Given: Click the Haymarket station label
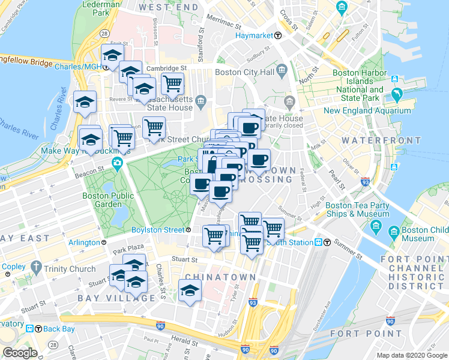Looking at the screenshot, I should [x=253, y=35].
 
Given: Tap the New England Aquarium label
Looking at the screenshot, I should [x=367, y=110].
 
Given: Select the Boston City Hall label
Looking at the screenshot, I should [x=244, y=73].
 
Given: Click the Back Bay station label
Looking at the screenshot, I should [x=58, y=329].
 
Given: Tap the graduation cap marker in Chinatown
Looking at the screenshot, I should [x=190, y=291].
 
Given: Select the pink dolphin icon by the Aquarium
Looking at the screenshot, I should [x=396, y=95].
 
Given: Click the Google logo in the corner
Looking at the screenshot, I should [x=20, y=353].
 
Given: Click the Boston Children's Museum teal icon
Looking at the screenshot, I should [x=394, y=230].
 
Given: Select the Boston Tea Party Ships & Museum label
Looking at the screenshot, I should [x=357, y=209].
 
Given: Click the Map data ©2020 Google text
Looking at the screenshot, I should [x=411, y=355].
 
